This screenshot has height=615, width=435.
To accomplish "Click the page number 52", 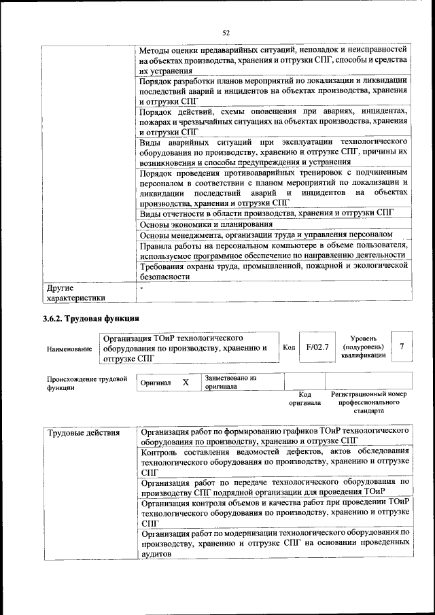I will point(226,31).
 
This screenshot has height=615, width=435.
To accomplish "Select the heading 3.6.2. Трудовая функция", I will point(90,319).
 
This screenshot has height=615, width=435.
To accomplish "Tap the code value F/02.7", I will point(317,347).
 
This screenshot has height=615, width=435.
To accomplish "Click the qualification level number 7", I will point(402,347).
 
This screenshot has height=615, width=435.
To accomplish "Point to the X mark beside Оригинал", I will point(185,383).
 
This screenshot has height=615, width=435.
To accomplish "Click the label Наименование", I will point(69,349).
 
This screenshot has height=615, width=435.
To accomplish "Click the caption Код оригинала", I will point(304,398).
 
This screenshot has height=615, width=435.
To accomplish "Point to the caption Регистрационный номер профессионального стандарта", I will point(368,402).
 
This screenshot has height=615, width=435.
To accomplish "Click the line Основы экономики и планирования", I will point(206,224).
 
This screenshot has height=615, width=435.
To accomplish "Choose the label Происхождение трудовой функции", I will point(87,383).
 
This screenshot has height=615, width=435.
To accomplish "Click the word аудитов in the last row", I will point(156,554).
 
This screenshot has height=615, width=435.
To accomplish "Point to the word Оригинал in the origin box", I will point(155,383).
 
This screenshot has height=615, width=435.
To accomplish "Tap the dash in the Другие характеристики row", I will point(141,287).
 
